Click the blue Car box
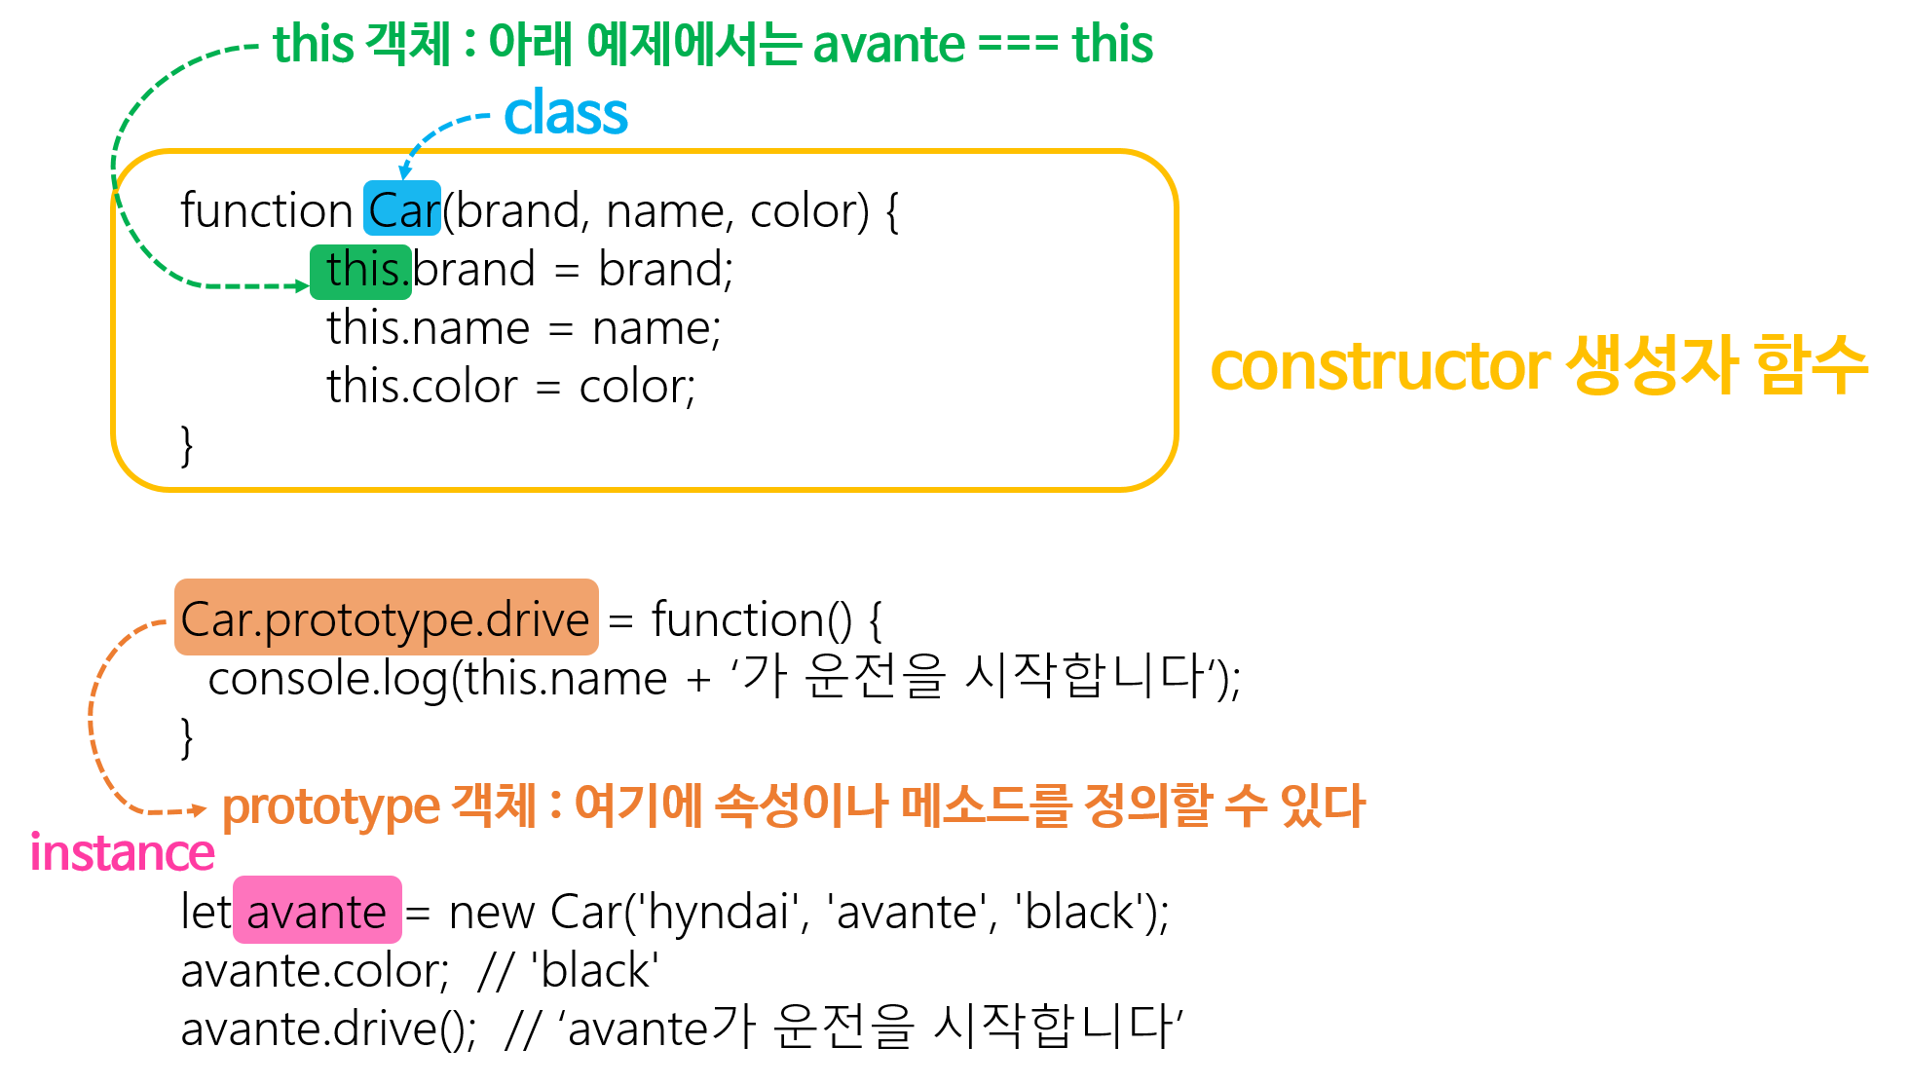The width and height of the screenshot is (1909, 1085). (x=402, y=208)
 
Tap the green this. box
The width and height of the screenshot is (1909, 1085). (x=361, y=272)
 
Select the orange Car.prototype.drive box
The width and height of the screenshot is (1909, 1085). (x=386, y=617)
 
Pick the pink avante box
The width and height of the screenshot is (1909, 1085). (x=317, y=910)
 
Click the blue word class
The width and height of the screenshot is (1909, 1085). (x=566, y=114)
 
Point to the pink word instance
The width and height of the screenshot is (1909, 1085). (x=122, y=853)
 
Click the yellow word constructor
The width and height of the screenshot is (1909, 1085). (x=1379, y=366)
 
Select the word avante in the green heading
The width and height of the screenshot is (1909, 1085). (x=888, y=45)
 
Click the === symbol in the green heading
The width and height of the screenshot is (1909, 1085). (x=1018, y=46)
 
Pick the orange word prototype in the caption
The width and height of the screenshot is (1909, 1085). (x=331, y=806)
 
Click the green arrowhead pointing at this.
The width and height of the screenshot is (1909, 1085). (x=303, y=286)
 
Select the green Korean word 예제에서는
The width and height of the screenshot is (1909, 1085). (x=693, y=45)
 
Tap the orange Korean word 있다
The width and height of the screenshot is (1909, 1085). (x=1323, y=805)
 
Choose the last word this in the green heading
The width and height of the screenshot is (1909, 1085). (x=1112, y=45)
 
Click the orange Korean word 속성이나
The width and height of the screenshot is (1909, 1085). (x=801, y=805)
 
